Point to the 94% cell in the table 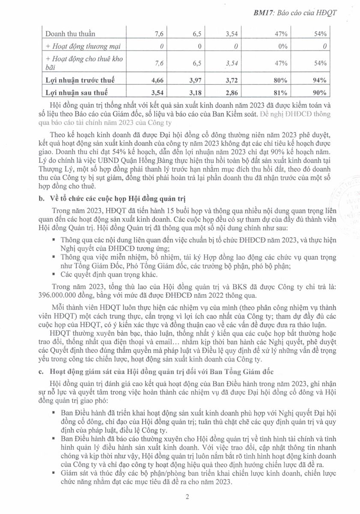(x=320, y=80)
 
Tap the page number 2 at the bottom (x=187, y=497)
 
